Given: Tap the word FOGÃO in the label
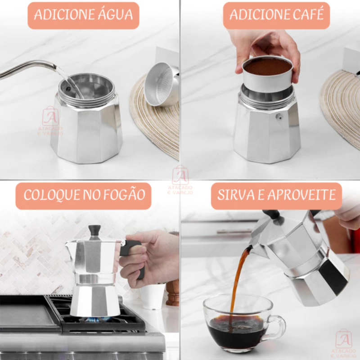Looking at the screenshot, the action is [x=124, y=194].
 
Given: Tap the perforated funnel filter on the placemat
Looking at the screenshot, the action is [x=162, y=84].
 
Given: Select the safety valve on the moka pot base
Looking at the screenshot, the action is [x=279, y=116].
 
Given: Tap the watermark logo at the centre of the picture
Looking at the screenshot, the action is [x=180, y=180].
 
